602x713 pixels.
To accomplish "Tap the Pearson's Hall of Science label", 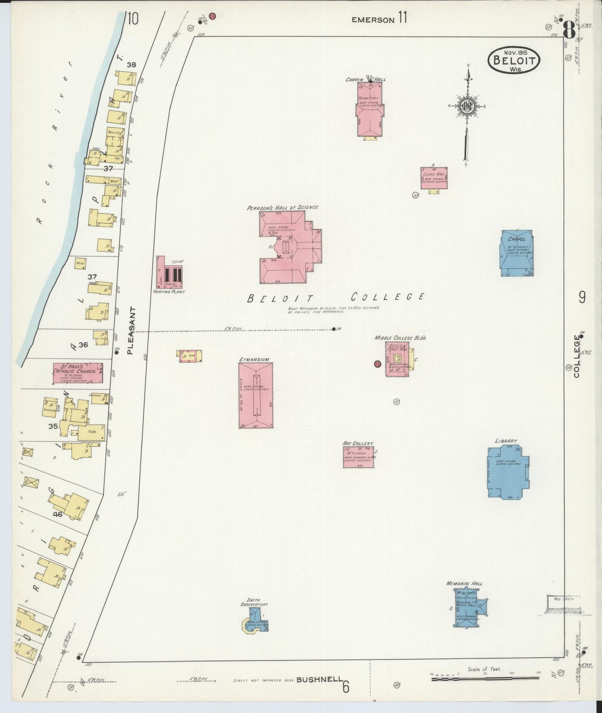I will tap(282, 207).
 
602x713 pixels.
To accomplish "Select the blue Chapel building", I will tap(517, 253).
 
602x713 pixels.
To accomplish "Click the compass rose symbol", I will tap(467, 107).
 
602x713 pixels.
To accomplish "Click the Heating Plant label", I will tap(169, 292).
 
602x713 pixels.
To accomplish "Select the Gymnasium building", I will tap(255, 395).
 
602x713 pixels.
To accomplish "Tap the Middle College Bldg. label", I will tap(400, 338).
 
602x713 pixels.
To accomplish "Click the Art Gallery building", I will tap(358, 457).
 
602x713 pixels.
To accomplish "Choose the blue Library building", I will tap(508, 472).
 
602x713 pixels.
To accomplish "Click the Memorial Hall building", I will tap(470, 607).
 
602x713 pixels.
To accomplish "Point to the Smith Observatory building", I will tap(256, 620).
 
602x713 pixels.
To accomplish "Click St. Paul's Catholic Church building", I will tap(77, 373).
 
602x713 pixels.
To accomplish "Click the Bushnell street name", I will tap(319, 680).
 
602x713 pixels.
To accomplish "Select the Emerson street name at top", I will tap(372, 20).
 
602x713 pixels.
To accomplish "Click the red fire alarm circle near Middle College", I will tap(377, 364).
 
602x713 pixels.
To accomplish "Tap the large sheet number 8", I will tap(569, 30).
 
